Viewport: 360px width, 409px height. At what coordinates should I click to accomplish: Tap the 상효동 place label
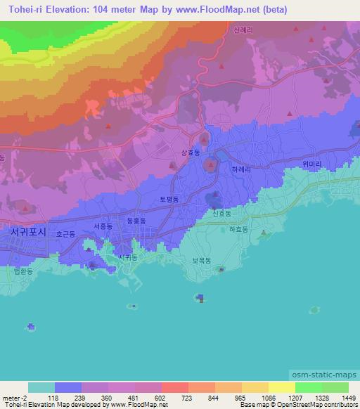click(x=191, y=152)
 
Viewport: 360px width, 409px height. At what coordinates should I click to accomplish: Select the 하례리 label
click(x=241, y=169)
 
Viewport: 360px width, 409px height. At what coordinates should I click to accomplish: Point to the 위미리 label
click(x=311, y=164)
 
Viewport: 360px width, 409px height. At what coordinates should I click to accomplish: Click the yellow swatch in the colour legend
click(x=281, y=387)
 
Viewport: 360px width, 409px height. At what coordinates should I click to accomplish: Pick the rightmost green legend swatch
click(x=335, y=387)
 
